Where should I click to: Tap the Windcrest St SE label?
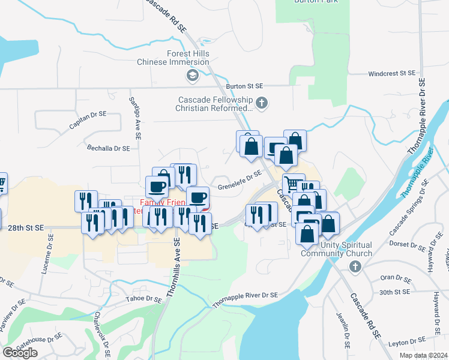point(391,73)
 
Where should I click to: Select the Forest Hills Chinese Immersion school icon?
point(192,76)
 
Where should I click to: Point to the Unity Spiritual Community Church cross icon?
point(355,266)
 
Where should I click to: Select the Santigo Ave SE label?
point(135,118)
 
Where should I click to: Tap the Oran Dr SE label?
point(395,278)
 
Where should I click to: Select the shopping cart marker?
point(294,183)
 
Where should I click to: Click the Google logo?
point(20,353)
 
